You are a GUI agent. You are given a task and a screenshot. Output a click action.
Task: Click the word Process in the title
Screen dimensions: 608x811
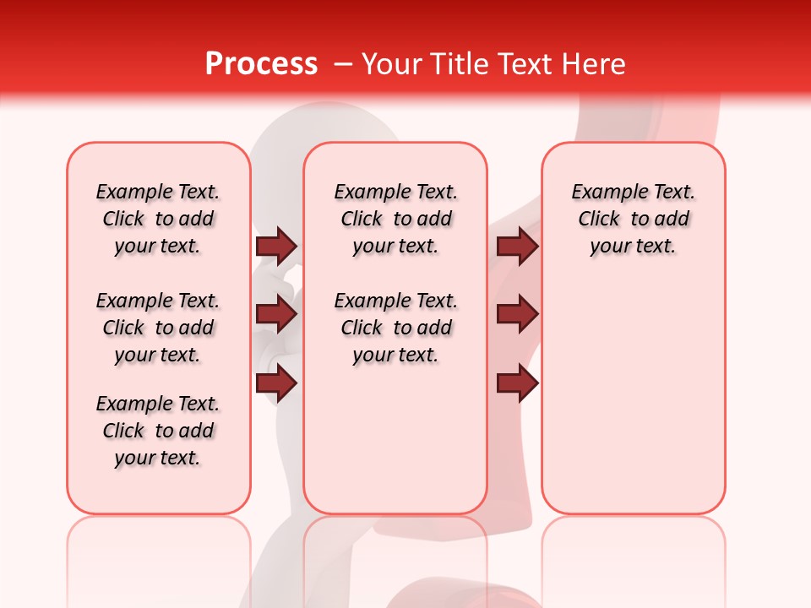261,63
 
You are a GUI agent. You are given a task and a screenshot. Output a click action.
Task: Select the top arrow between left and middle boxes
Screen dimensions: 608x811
276,246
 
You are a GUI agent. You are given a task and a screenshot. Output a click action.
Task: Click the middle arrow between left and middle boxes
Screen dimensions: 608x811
276,315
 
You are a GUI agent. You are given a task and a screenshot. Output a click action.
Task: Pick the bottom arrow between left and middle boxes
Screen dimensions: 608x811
276,383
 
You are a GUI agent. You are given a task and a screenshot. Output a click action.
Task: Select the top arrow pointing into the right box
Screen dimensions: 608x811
517,246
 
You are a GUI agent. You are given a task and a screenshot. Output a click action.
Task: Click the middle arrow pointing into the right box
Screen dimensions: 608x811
517,315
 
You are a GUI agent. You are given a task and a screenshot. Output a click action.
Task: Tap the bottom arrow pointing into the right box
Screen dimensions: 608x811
517,383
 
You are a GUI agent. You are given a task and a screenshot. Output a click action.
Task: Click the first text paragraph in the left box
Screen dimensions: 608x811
158,219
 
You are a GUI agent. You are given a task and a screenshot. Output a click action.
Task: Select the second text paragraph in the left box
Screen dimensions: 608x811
158,328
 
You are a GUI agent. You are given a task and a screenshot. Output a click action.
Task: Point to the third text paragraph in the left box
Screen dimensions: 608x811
158,431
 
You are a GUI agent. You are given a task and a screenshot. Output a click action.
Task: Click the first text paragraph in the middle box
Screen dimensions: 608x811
395,219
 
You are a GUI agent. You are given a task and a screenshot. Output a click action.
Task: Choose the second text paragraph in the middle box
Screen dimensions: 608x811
395,328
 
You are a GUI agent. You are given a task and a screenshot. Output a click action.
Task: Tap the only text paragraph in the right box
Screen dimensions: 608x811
633,219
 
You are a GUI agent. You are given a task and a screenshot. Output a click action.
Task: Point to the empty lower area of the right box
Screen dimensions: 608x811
633,397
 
